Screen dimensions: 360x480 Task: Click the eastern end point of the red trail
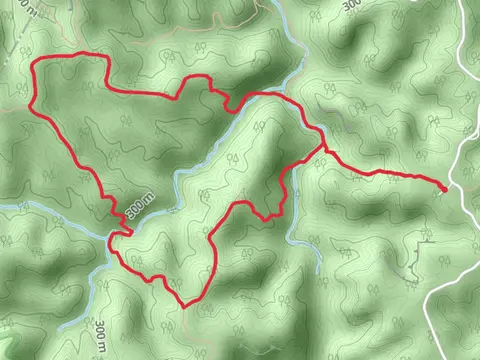[444, 187]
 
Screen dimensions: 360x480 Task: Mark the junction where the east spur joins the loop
[323, 149]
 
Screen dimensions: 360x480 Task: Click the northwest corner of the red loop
[37, 65]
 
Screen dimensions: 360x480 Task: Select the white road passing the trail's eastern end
[462, 160]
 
